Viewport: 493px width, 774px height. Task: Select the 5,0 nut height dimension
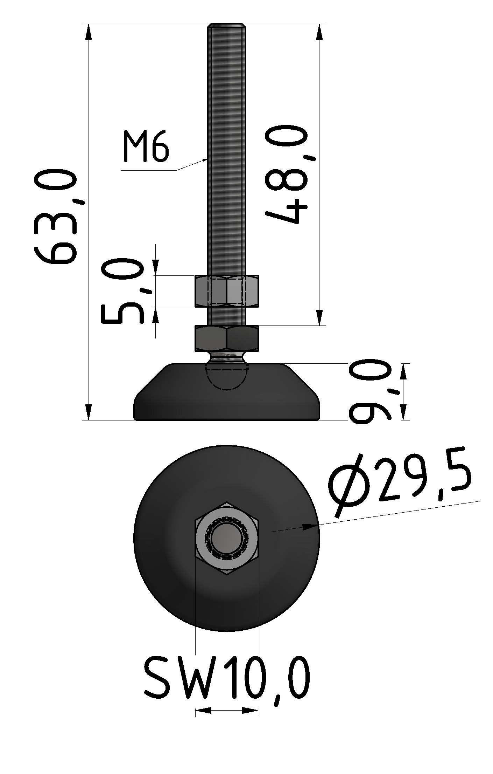click(122, 290)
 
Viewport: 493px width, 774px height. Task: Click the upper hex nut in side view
click(227, 291)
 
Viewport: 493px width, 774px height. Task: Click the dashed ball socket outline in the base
click(227, 378)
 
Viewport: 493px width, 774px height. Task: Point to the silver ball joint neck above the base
click(226, 358)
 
